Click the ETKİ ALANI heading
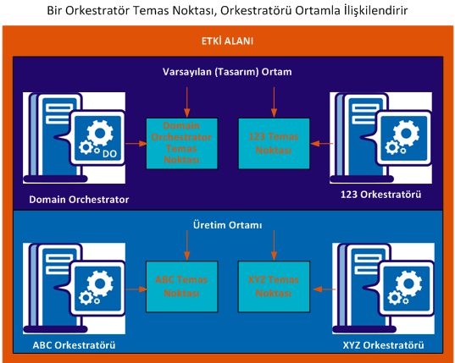tap(227, 41)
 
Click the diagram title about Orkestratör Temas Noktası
tap(227, 10)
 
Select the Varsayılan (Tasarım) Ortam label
tap(227, 72)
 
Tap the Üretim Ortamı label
tap(227, 226)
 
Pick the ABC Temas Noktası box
tap(180, 285)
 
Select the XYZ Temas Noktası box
tap(271, 285)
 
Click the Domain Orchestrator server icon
tap(74, 135)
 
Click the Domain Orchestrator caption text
tap(79, 200)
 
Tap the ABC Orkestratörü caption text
tap(74, 346)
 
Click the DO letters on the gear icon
tap(108, 154)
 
